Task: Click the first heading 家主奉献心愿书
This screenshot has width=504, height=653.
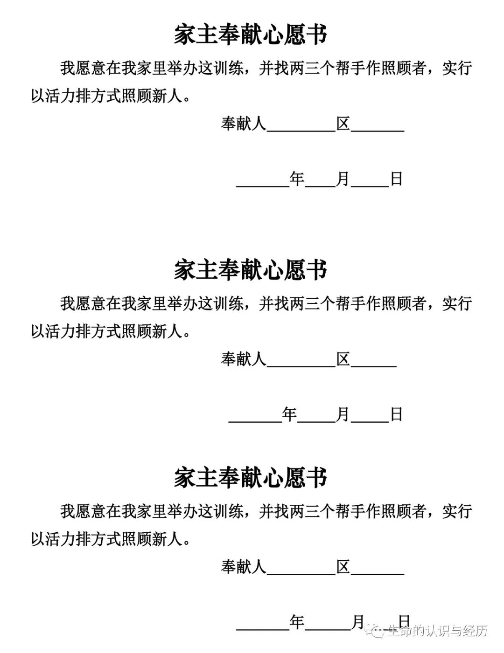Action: point(251,35)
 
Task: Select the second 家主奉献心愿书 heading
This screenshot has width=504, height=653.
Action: point(251,270)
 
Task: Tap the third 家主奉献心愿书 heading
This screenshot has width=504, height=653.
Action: point(251,478)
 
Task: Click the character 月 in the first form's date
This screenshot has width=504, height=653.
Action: point(343,179)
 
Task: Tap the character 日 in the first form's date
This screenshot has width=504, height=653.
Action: point(396,179)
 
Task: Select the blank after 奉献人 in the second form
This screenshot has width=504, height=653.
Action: point(301,362)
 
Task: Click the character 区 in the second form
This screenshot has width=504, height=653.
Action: point(343,359)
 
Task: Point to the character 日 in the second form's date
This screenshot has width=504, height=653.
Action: point(396,414)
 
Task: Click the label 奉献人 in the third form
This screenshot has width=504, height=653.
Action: point(243,567)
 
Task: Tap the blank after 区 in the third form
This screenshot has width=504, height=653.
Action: point(377,570)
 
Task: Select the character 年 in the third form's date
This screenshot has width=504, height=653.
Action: point(297,622)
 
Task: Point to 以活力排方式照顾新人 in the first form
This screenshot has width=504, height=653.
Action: point(111,96)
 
